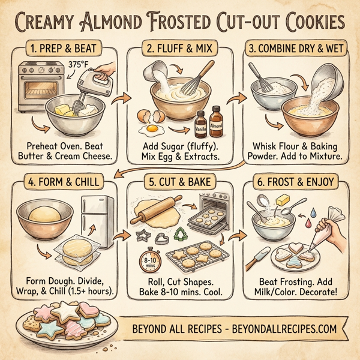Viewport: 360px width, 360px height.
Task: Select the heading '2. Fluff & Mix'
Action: (179, 47)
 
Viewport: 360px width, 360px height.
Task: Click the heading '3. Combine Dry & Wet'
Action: (295, 47)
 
